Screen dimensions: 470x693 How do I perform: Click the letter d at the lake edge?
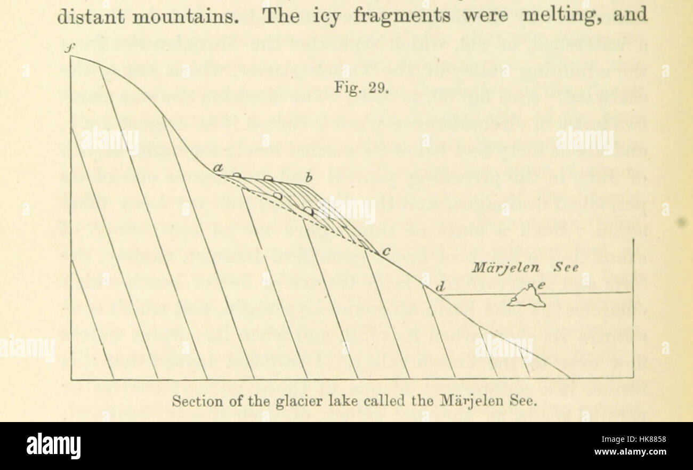click(x=440, y=288)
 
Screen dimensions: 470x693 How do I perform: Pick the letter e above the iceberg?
click(x=541, y=286)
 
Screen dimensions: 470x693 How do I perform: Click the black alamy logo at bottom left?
click(x=53, y=445)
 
